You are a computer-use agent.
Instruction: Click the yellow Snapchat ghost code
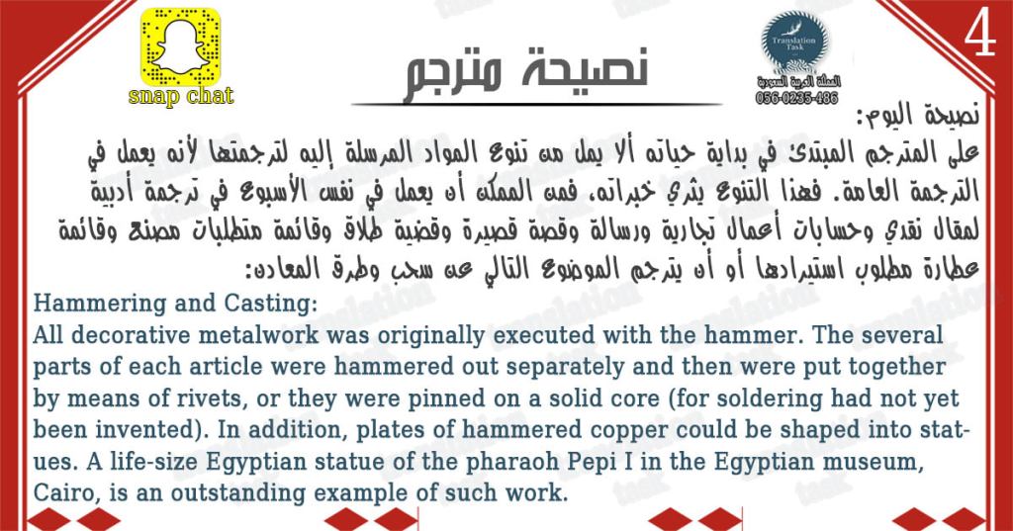[180, 47]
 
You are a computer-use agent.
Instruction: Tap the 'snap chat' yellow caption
[181, 96]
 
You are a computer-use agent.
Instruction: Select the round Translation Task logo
[795, 44]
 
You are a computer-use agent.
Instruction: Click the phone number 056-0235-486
[796, 98]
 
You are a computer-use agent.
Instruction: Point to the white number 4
[979, 36]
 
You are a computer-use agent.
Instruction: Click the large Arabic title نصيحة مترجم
[526, 75]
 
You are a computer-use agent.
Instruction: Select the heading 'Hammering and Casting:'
[175, 304]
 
